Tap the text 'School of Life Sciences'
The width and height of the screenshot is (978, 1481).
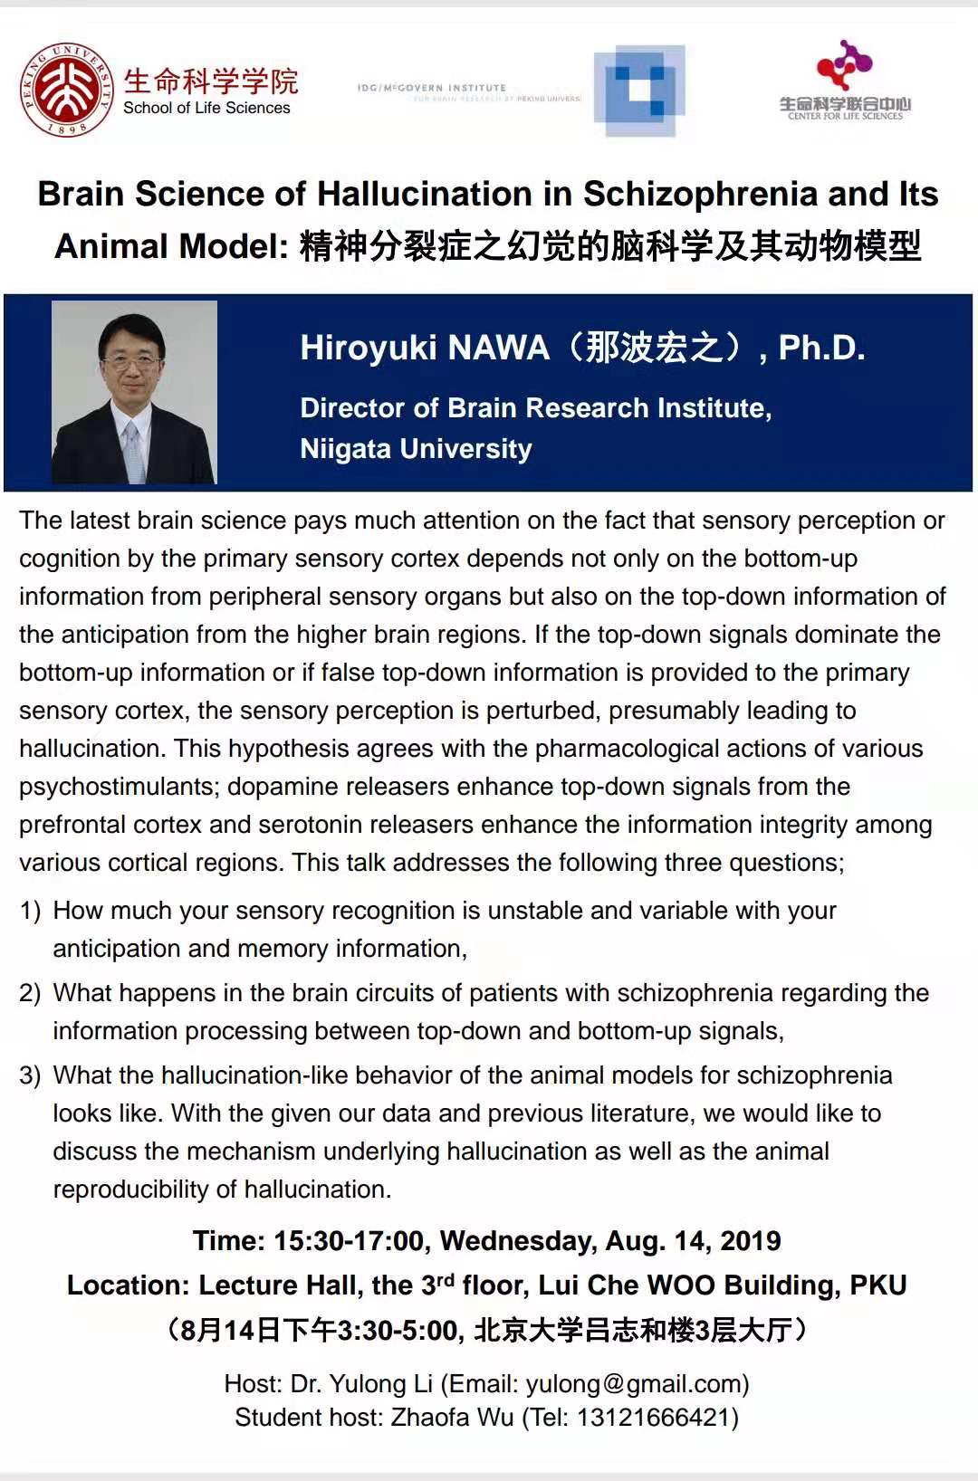pos(206,108)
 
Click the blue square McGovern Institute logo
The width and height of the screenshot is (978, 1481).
pos(639,90)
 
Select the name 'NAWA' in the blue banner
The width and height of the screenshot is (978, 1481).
pos(499,348)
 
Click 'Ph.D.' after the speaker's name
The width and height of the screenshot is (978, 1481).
pos(821,348)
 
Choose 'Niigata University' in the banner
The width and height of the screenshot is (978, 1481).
pos(416,449)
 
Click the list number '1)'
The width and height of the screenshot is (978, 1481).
pos(30,911)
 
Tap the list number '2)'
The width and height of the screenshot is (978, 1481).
pos(30,993)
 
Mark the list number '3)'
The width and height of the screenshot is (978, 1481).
pos(30,1075)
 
